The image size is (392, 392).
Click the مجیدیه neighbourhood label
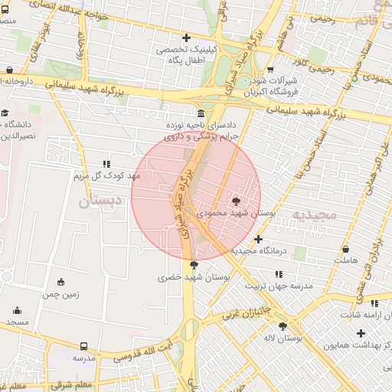tap(315, 215)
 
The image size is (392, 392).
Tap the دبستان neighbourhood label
tap(100, 202)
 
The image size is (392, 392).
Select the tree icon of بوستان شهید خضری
tap(193, 264)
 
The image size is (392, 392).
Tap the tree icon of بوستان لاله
tap(290, 325)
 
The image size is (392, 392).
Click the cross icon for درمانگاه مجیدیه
tap(259, 239)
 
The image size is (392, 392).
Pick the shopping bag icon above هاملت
tap(346, 249)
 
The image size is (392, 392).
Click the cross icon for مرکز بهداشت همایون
tap(361, 333)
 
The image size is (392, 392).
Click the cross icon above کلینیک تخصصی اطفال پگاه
tap(185, 38)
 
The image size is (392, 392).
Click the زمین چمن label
tap(60, 293)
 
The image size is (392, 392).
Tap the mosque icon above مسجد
tap(17, 311)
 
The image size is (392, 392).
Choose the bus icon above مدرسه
tap(83, 346)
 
